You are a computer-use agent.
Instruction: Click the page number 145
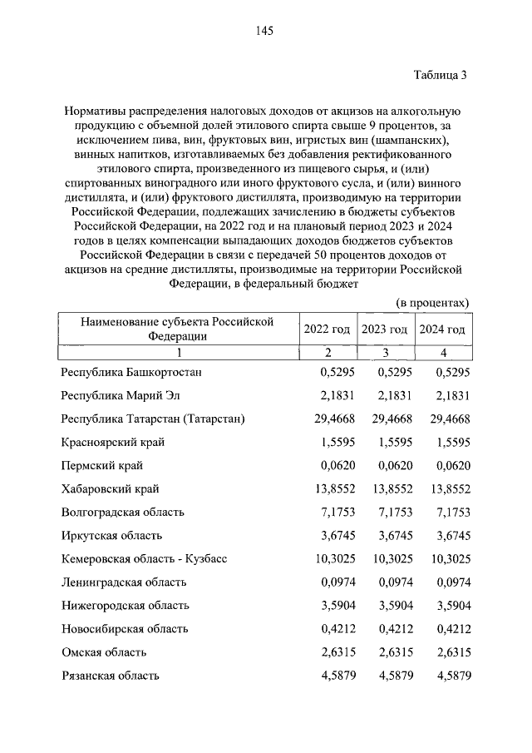[x=265, y=31]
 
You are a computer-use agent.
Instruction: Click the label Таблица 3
[x=441, y=75]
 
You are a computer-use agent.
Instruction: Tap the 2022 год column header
[x=327, y=329]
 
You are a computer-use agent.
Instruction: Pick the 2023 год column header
[x=384, y=329]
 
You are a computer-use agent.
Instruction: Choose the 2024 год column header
[x=441, y=329]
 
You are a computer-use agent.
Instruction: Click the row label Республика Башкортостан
[x=131, y=372]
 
